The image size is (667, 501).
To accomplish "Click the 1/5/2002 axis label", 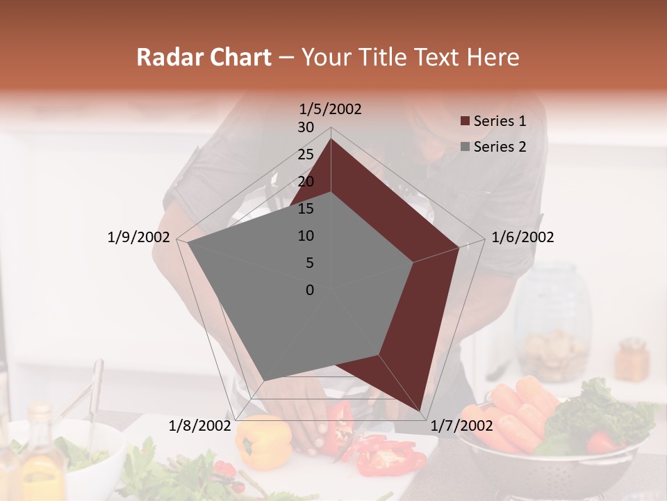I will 331,109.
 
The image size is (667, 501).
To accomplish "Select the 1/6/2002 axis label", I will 522,237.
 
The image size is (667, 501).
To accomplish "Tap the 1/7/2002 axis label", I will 461,426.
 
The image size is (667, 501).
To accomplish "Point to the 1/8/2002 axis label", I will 200,426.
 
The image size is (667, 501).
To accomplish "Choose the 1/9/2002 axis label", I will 138,237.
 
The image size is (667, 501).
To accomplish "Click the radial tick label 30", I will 306,127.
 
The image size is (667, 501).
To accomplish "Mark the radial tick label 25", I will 306,154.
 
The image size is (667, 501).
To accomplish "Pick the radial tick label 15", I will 306,209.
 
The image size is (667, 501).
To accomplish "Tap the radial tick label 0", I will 310,290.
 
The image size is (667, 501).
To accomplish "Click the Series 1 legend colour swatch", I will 465,121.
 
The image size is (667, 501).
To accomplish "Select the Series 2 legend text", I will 500,147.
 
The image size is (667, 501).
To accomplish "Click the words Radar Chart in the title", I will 204,58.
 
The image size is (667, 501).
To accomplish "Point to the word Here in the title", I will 493,58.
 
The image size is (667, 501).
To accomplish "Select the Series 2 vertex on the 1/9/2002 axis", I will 187,243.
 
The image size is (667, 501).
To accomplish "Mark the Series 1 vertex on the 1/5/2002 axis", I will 331,139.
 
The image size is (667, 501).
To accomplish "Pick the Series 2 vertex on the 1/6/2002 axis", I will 413,262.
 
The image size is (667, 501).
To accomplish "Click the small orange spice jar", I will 632,360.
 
